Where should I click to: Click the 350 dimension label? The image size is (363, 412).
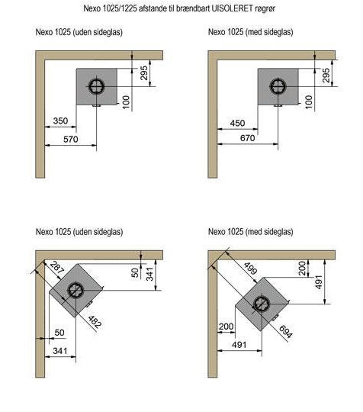click(x=60, y=121)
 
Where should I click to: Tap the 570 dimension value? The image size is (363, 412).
click(x=71, y=140)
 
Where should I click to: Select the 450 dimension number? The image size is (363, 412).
click(x=237, y=124)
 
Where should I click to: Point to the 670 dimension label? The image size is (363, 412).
click(x=247, y=138)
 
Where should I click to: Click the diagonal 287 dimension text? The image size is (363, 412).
click(x=57, y=267)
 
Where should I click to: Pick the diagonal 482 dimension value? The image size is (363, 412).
click(x=95, y=322)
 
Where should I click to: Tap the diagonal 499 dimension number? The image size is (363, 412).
click(x=250, y=269)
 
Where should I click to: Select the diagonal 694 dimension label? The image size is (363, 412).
click(x=285, y=332)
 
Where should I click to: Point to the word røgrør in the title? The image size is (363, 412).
click(x=265, y=8)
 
